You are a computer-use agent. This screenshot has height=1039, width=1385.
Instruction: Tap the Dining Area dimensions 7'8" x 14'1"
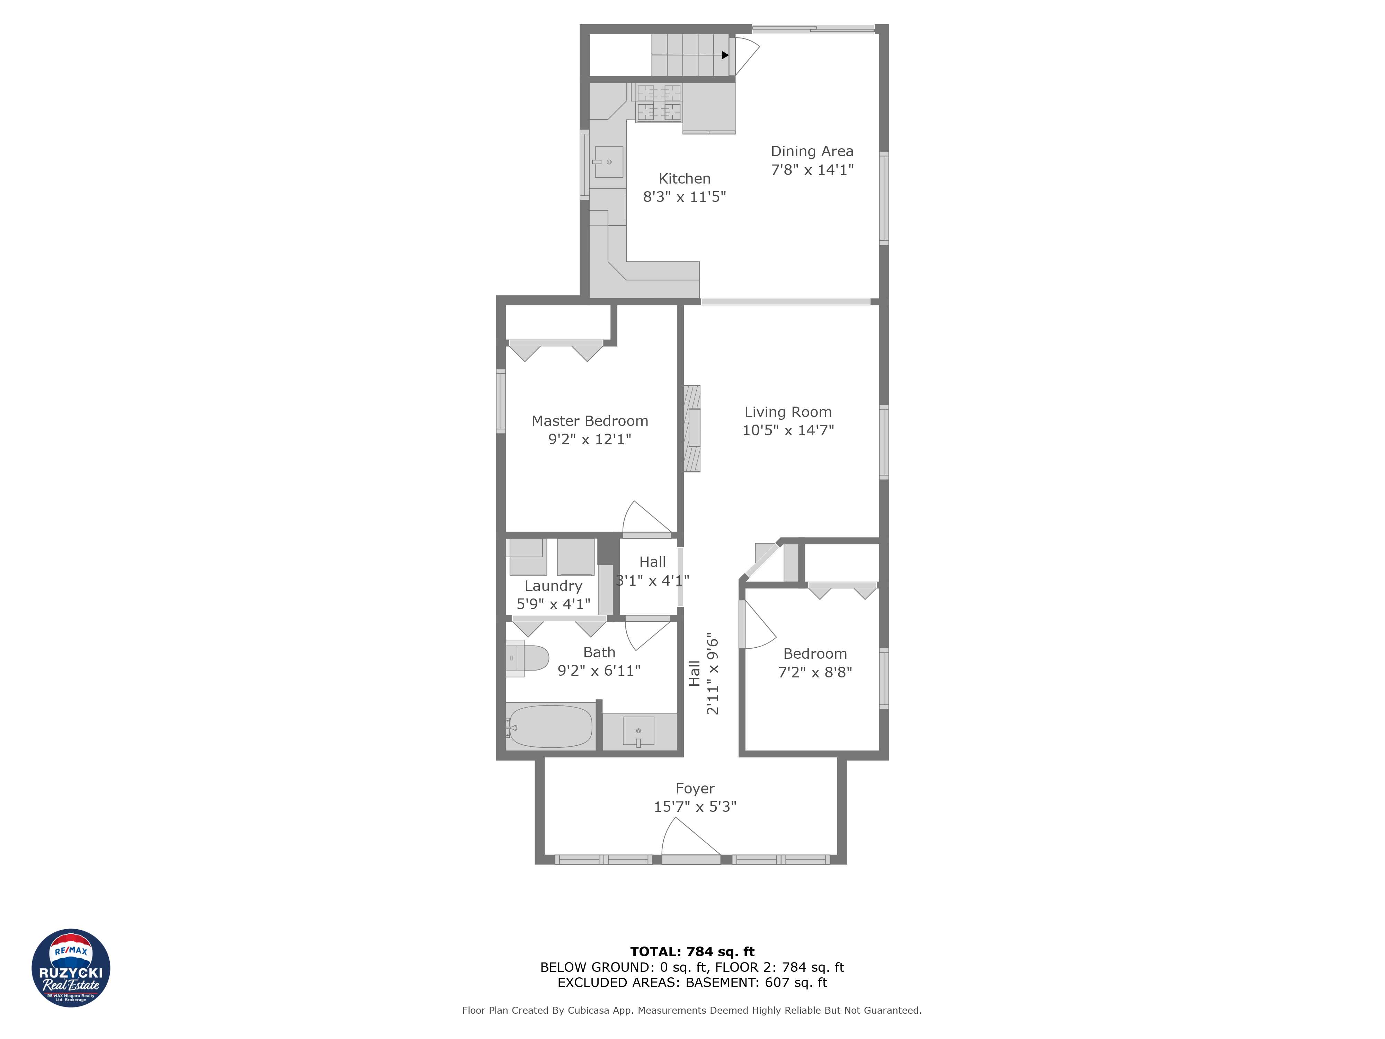(x=812, y=170)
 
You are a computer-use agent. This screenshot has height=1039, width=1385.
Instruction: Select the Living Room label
(x=788, y=412)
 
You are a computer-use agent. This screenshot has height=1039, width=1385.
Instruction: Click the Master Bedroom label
(x=589, y=421)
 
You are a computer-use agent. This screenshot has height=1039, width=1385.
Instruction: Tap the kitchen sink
(x=608, y=162)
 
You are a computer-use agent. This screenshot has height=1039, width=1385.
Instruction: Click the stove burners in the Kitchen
(x=658, y=103)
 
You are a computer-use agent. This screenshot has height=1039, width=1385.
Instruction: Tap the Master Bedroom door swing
(x=645, y=520)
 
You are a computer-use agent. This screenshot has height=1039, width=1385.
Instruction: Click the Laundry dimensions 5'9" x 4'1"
(x=553, y=604)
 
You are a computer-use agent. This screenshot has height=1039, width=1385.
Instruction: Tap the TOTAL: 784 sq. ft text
(x=692, y=951)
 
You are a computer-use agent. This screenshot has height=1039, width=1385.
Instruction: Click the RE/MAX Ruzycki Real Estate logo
(x=71, y=968)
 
